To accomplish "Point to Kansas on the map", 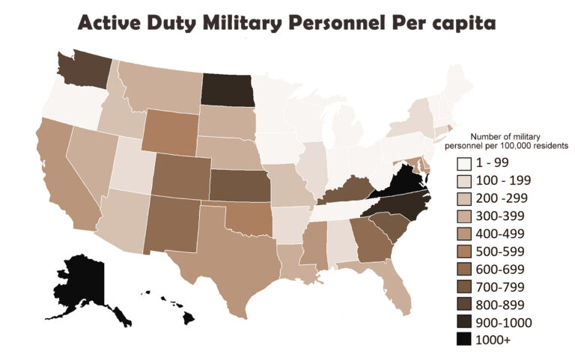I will pos(238,186).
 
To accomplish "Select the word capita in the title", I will pos(460,23).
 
